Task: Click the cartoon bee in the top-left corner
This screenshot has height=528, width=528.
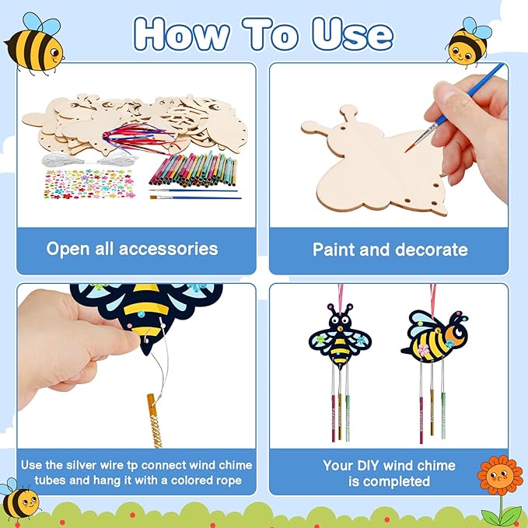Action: point(34,42)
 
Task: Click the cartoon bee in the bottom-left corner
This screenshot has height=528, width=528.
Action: point(19,502)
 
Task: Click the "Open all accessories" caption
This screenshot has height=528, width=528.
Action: point(132,249)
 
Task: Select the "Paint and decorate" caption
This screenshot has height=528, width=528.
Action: point(390,250)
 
